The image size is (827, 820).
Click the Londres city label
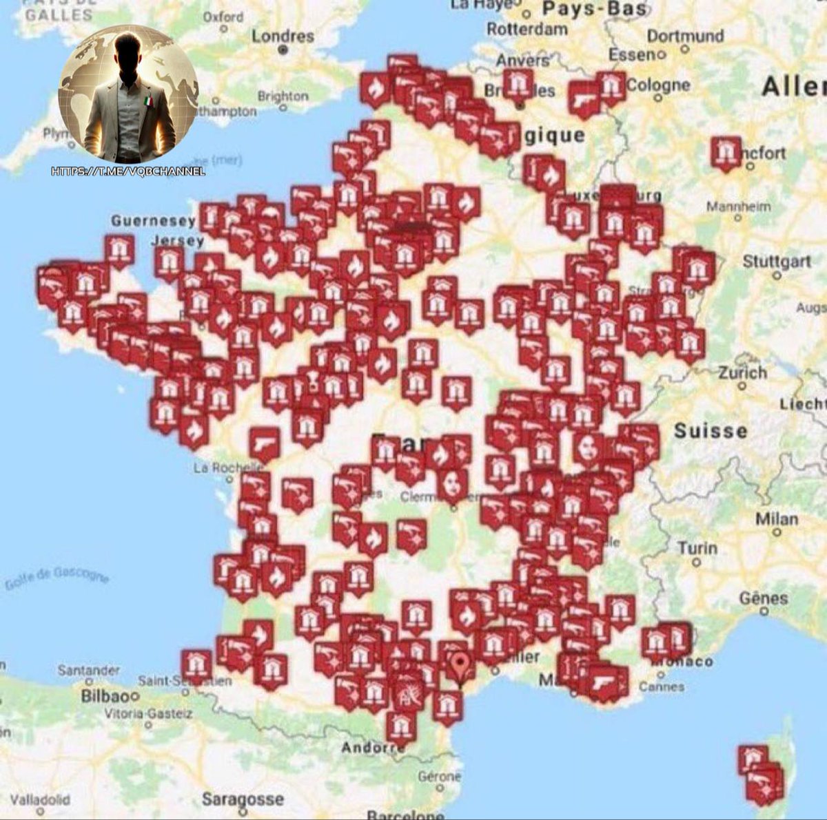coord(283,36)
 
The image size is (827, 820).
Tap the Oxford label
coord(223,17)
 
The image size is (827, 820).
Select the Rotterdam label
coord(527,29)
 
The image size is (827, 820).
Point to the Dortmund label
coord(685,36)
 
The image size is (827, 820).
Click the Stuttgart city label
coord(777,262)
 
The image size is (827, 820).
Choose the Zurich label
coord(742,372)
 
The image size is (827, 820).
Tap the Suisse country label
coord(711,431)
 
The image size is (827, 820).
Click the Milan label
coord(777,519)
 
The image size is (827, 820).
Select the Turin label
coord(697,549)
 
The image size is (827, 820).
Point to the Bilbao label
coord(105,696)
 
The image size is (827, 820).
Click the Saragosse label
coord(243,799)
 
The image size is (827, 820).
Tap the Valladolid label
coord(40,800)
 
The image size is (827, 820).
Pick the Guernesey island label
coord(153,221)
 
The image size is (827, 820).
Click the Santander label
coord(88,670)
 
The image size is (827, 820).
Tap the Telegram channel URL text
coord(128,171)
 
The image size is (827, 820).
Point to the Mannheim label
coord(738,207)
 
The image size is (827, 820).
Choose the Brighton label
coord(283,96)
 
